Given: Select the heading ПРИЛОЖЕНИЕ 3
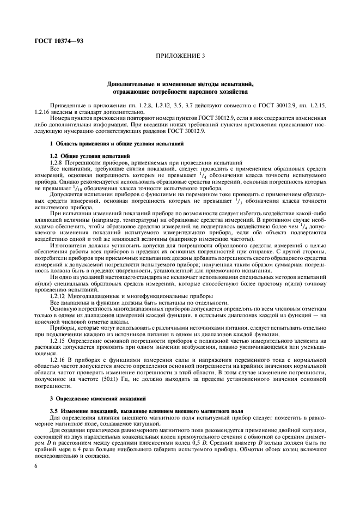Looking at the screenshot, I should pyautogui.click(x=180, y=55).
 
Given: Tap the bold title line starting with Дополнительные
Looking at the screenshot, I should pyautogui.click(x=180, y=85).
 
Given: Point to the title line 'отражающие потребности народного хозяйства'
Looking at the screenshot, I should pyautogui.click(x=180, y=92).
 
